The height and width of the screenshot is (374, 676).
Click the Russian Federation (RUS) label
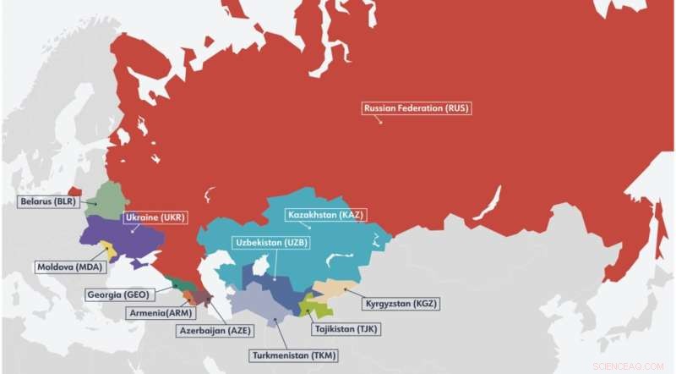[416, 108]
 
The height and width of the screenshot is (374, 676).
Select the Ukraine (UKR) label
[155, 217]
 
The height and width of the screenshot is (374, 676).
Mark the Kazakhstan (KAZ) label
[324, 215]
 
